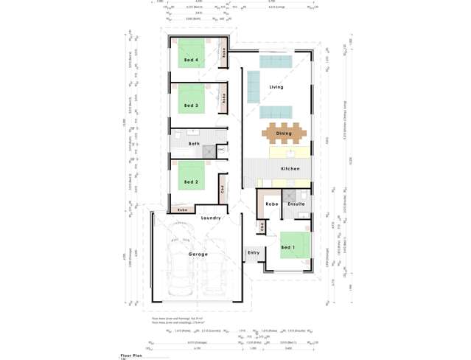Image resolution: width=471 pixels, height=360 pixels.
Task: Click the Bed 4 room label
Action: [192, 60]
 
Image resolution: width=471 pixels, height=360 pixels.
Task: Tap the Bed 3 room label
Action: [192, 105]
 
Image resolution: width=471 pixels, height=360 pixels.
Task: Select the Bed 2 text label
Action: [192, 181]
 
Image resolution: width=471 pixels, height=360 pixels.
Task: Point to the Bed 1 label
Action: [288, 247]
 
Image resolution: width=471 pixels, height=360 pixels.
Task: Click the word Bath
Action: [194, 144]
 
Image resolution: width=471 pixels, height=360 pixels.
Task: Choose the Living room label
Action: [276, 87]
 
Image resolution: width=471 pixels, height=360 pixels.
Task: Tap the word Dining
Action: [284, 134]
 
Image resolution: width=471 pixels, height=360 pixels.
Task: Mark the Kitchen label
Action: [290, 169]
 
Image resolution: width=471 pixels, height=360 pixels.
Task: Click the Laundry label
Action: [212, 218]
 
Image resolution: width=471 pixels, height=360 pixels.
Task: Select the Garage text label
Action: [198, 254]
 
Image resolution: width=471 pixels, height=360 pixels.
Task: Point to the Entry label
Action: [254, 252]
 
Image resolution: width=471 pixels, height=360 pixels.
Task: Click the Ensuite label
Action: [297, 204]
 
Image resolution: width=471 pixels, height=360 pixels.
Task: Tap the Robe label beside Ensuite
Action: [271, 204]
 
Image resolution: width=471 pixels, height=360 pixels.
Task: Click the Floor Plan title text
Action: [131, 355]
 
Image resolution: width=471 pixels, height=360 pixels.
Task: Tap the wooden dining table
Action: [283, 134]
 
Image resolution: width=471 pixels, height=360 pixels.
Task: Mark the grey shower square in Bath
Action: [210, 151]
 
